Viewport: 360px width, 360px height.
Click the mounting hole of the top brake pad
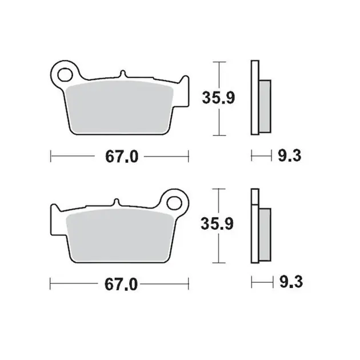click(65, 75)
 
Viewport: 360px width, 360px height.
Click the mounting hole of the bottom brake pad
click(174, 203)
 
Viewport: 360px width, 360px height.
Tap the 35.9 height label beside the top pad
click(218, 98)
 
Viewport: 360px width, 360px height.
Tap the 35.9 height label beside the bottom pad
click(217, 223)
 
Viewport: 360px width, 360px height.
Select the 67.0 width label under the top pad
click(122, 157)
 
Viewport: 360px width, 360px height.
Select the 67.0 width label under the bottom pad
click(121, 285)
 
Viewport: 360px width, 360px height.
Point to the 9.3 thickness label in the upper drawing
click(290, 155)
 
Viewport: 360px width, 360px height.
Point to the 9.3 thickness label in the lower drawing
click(291, 282)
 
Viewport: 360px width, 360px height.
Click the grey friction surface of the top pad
click(119, 107)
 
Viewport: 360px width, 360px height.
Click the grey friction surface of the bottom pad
click(120, 236)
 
